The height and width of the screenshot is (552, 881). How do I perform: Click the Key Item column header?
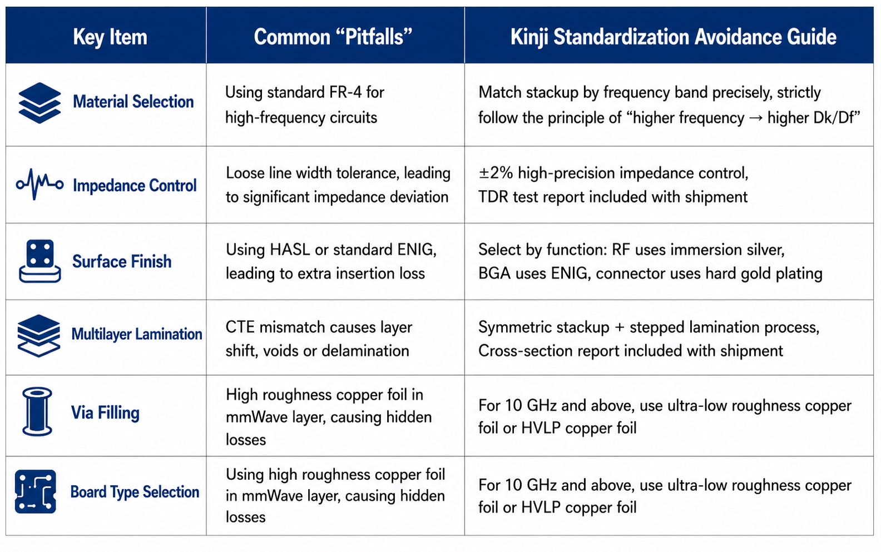click(110, 37)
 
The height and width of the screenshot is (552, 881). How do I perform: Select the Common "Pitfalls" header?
click(333, 37)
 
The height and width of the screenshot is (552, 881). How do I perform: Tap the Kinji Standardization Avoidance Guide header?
click(674, 37)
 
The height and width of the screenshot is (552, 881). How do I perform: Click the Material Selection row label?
click(133, 101)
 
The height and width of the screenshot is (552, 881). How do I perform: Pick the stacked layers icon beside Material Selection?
click(39, 103)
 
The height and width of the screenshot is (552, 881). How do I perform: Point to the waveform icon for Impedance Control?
click(39, 184)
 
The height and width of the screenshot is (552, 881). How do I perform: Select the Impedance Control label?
click(135, 186)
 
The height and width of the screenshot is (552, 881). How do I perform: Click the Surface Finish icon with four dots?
click(39, 261)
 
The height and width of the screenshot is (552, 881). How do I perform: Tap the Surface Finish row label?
click(122, 261)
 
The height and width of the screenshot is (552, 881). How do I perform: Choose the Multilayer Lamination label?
click(137, 334)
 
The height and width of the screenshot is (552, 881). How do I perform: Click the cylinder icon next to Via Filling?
click(37, 412)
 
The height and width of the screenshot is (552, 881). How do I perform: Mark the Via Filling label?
click(105, 413)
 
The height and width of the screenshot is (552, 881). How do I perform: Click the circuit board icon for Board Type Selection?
click(36, 491)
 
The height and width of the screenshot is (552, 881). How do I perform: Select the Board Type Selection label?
click(135, 492)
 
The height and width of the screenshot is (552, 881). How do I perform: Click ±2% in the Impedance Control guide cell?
click(495, 173)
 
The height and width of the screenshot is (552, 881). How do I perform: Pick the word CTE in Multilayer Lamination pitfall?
click(240, 327)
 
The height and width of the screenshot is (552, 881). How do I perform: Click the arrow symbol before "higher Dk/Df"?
click(756, 118)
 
